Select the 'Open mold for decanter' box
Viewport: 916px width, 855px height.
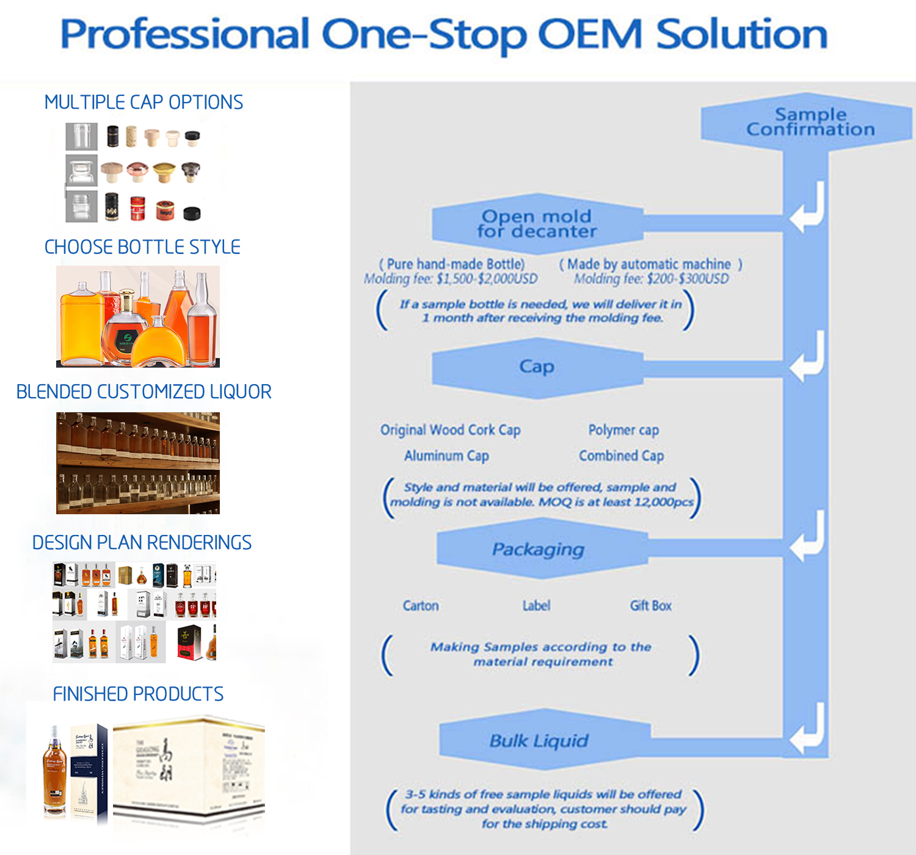tap(536, 224)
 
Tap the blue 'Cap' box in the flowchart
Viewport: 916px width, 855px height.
tap(536, 366)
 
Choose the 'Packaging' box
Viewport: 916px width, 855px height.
tap(538, 549)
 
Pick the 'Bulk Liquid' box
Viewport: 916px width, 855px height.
tap(539, 741)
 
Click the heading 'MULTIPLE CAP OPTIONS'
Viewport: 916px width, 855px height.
tap(144, 102)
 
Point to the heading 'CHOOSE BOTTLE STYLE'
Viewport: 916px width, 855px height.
tap(142, 247)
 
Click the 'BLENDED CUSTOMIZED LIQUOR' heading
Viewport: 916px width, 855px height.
tap(144, 391)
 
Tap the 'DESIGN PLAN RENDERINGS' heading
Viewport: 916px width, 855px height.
tap(142, 542)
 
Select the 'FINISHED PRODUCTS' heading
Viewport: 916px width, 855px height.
tap(138, 694)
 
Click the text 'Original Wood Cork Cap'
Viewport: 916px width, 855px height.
tap(450, 430)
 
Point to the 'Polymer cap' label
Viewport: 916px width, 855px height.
tap(623, 430)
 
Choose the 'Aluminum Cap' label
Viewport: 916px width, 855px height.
tap(446, 456)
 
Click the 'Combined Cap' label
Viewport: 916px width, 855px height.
tap(621, 456)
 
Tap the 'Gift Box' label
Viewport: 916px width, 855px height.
tap(650, 606)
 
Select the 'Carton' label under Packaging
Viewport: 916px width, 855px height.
tap(421, 606)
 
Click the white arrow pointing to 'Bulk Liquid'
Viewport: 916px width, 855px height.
tap(807, 730)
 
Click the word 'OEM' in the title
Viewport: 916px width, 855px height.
tap(589, 34)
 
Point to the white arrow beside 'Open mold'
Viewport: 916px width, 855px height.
tap(807, 208)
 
